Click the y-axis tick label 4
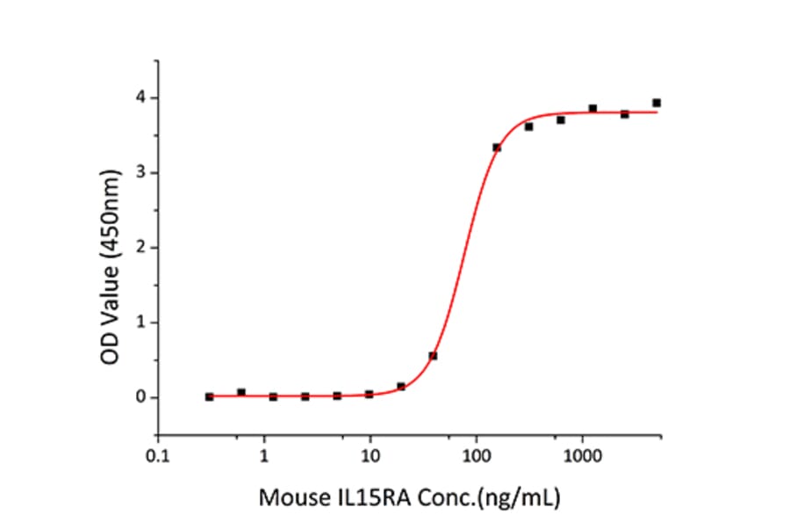pos(139,98)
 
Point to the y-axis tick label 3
pos(139,172)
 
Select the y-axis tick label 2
pos(139,248)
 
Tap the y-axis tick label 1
pos(139,323)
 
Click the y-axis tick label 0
pos(139,397)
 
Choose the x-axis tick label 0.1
pos(158,458)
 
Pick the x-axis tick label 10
pos(370,458)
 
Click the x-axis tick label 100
pos(477,458)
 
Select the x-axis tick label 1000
pos(582,458)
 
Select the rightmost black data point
pos(657,103)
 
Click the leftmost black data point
pos(209,397)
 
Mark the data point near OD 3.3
pos(497,148)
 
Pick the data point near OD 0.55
pos(433,356)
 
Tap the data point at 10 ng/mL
pos(369,395)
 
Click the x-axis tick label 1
pos(264,458)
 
